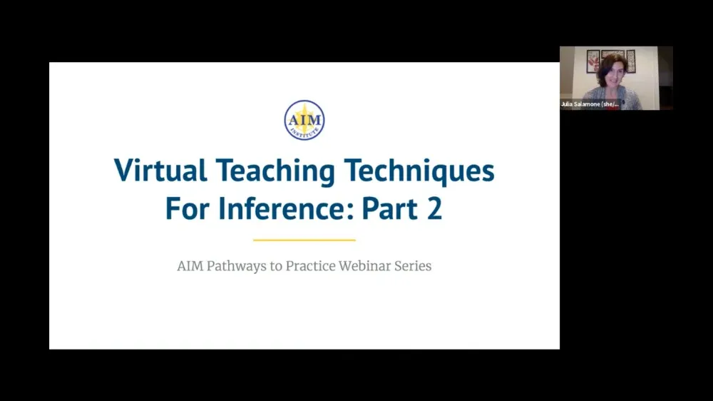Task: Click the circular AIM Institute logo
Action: coord(304,120)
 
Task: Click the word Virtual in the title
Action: coord(160,172)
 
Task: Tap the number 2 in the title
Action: coord(434,209)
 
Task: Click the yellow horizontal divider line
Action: coord(304,240)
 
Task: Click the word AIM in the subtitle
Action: coord(190,267)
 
